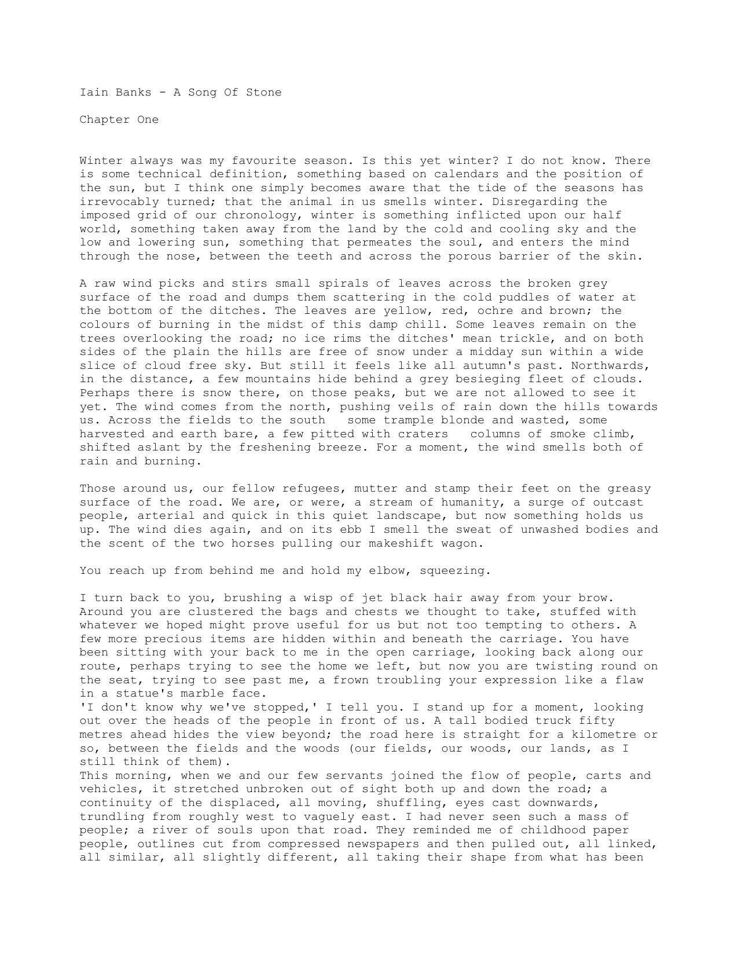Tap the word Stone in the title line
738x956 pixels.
(x=263, y=92)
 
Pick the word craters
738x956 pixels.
(x=423, y=434)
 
